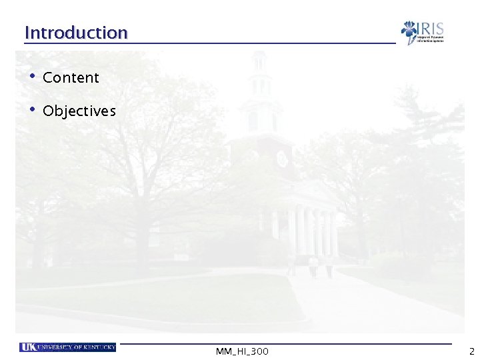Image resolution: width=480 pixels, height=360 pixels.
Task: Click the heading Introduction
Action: click(x=75, y=33)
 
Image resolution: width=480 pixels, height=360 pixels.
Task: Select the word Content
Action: click(x=71, y=78)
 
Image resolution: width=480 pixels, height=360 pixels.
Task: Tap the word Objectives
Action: click(x=79, y=111)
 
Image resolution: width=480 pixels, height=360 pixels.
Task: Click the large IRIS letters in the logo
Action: click(x=431, y=29)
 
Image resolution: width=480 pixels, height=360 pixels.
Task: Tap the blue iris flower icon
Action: click(x=409, y=31)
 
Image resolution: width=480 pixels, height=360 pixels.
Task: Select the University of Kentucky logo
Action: click(x=68, y=347)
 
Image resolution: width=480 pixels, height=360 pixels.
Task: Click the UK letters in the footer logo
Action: click(x=28, y=347)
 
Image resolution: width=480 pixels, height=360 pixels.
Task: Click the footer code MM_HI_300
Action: click(x=242, y=351)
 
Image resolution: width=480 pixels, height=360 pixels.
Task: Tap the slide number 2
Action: click(x=471, y=351)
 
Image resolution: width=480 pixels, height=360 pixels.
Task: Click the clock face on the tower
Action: click(x=281, y=159)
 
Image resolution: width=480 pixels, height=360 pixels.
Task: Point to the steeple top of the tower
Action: click(x=258, y=60)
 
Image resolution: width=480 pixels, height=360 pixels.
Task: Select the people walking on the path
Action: click(x=312, y=267)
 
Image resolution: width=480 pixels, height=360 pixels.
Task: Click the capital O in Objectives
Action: click(x=48, y=111)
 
